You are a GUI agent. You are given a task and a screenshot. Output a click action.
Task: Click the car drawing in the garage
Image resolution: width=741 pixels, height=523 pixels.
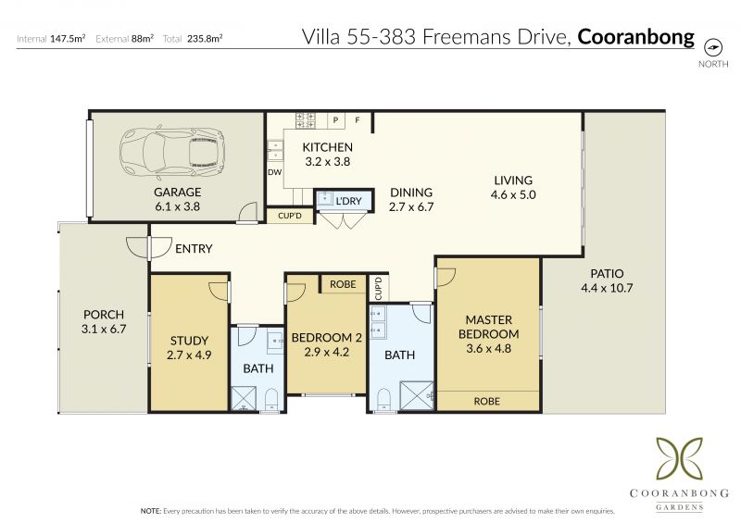172,153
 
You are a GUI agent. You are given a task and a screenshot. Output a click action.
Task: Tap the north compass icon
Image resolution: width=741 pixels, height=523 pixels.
713,48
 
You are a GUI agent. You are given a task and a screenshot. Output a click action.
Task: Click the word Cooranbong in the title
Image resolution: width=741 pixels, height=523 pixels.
635,37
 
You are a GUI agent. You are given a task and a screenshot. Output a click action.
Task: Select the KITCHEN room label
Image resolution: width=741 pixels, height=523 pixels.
328,147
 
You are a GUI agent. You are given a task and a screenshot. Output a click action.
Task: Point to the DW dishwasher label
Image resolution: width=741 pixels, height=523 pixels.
274,172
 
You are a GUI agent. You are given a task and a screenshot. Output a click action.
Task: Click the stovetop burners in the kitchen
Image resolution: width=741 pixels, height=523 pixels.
306,120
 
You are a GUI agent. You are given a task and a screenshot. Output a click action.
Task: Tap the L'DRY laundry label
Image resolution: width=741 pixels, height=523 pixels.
348,201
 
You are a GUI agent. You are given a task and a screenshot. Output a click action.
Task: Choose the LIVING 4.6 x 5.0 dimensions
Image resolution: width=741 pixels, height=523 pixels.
513,194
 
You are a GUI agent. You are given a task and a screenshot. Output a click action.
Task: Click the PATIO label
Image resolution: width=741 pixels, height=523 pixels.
607,274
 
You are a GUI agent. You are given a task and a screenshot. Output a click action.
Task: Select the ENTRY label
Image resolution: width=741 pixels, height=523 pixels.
194,248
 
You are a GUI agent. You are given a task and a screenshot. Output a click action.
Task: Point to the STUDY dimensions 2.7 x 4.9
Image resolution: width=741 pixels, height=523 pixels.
189,355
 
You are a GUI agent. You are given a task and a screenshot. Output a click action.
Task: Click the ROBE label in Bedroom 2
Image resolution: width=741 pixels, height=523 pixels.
343,284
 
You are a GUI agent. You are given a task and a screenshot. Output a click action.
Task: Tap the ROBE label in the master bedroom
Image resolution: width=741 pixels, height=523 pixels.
487,401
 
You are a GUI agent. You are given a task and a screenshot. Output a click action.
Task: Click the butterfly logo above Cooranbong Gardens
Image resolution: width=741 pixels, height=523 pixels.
680,458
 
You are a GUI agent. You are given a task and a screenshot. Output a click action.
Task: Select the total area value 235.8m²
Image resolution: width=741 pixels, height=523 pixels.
205,38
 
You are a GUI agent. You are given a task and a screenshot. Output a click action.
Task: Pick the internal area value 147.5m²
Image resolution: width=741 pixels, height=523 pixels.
68,38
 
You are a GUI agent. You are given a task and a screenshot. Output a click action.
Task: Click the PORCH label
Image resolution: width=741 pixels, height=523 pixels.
104,314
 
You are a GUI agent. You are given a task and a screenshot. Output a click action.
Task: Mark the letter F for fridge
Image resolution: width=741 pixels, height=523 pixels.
358,120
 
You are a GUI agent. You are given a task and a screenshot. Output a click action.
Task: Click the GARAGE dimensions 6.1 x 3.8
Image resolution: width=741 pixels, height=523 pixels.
177,206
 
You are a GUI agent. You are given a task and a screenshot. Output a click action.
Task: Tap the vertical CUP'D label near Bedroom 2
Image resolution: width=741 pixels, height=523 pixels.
378,288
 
